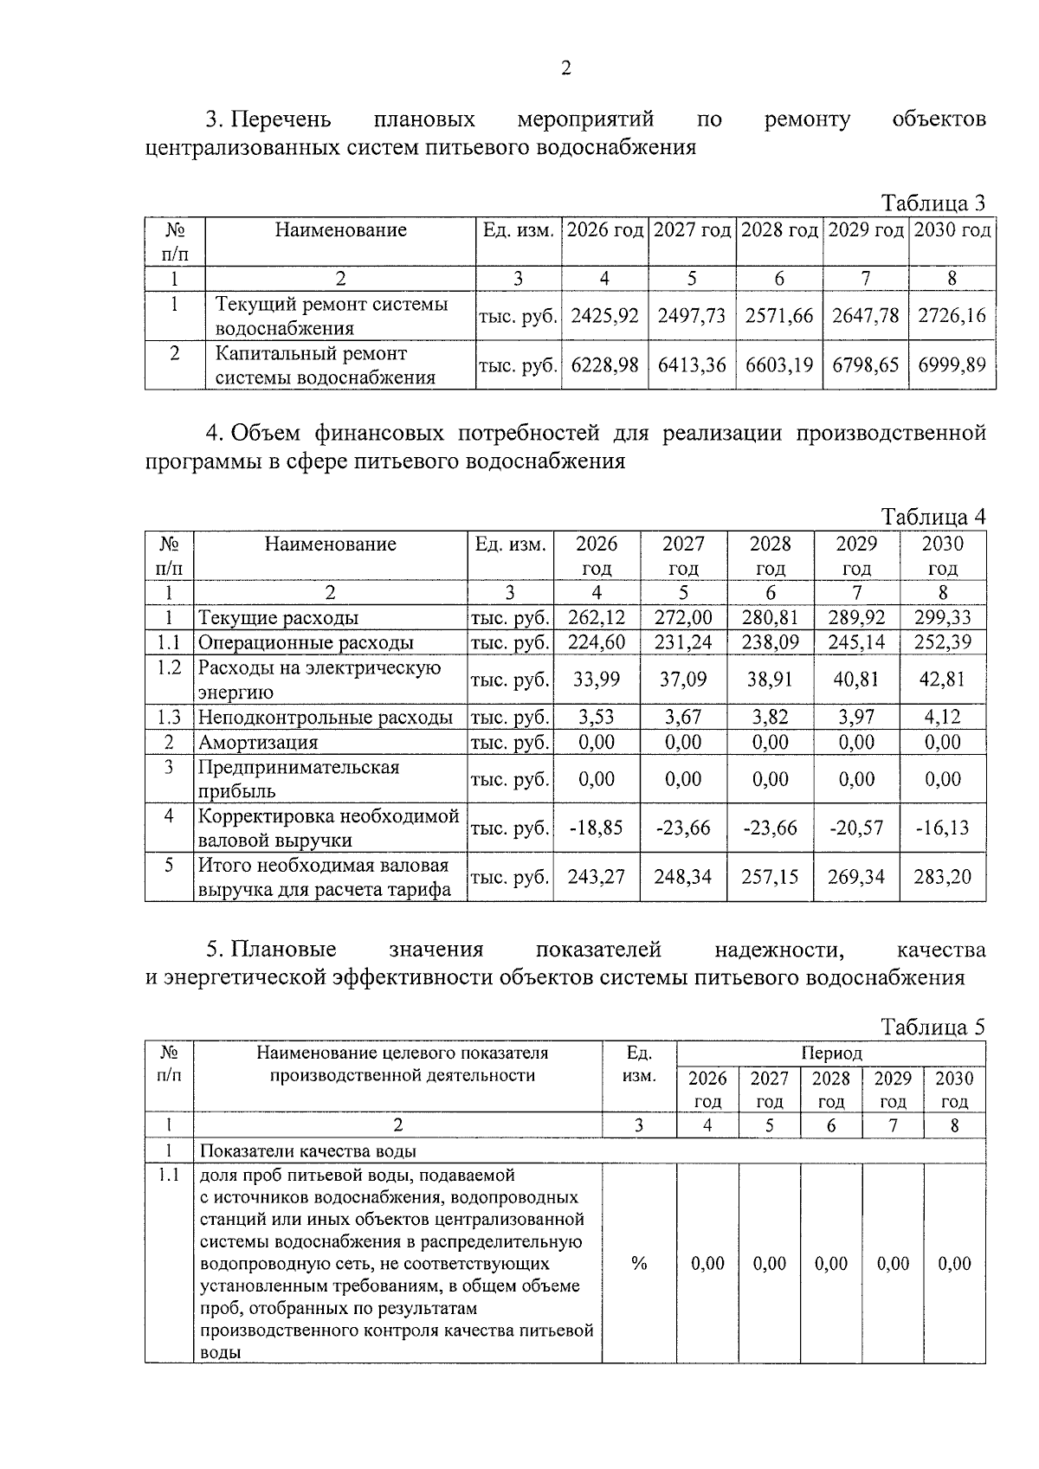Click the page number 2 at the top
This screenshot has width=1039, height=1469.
click(x=565, y=68)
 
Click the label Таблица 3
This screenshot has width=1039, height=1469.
click(x=933, y=203)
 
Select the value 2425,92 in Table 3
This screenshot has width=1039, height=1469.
click(x=604, y=316)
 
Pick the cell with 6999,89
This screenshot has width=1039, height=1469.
click(x=952, y=365)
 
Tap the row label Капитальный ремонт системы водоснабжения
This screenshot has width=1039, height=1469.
click(x=324, y=365)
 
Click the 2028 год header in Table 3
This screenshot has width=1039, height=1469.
click(x=779, y=230)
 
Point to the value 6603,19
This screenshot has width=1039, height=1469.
click(x=779, y=365)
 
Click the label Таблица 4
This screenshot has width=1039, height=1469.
click(x=933, y=518)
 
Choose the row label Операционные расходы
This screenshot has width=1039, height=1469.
click(x=306, y=642)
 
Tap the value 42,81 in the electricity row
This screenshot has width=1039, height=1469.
click(x=942, y=680)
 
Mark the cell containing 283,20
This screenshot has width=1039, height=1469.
click(x=942, y=877)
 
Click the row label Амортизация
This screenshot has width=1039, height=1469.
click(x=258, y=743)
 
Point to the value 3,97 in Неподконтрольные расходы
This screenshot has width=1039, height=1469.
click(x=856, y=717)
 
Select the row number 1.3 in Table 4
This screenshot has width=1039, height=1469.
click(x=169, y=717)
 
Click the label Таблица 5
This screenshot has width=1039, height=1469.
click(x=933, y=1028)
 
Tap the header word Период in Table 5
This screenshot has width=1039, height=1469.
click(x=830, y=1053)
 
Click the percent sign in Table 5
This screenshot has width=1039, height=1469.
click(x=639, y=1264)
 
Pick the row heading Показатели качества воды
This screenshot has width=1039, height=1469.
click(x=308, y=1151)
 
